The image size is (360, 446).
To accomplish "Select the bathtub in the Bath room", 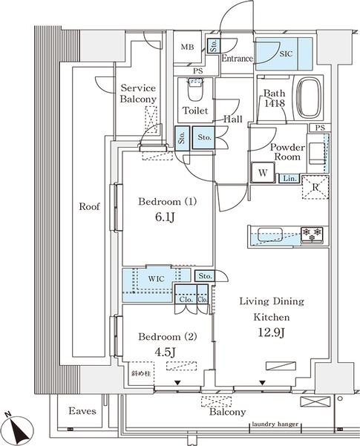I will (x=311, y=96).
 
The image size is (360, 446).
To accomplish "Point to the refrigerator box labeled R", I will (x=314, y=187).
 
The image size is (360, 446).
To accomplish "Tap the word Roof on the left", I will (x=90, y=207).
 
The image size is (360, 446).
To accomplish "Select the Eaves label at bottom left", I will (x=82, y=410).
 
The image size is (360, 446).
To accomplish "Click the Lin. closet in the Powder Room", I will (x=289, y=177).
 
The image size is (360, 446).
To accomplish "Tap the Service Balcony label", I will (x=139, y=93).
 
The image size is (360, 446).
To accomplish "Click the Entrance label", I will (x=238, y=58).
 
